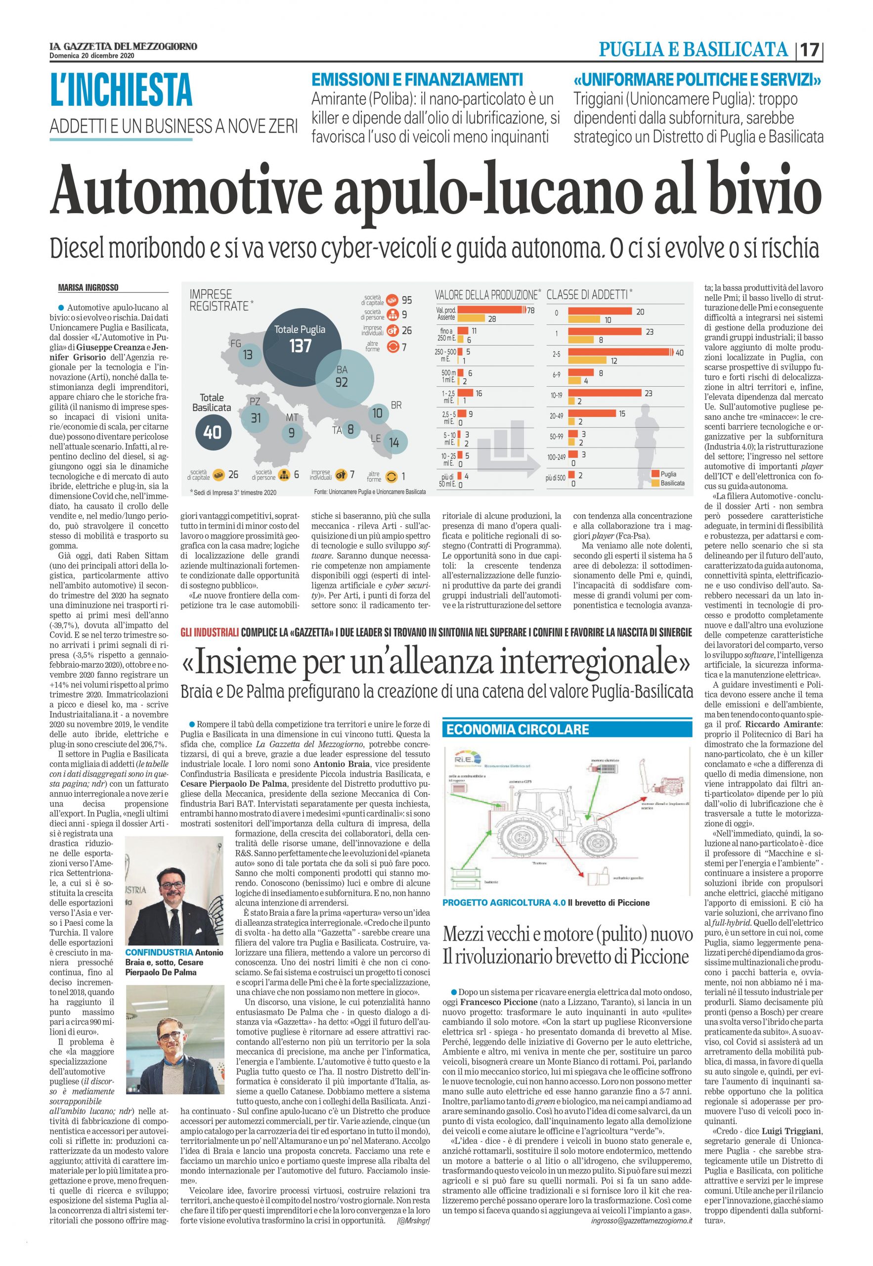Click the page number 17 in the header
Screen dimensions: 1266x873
809,51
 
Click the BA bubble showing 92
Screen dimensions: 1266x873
342,377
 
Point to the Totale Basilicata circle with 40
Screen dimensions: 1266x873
212,432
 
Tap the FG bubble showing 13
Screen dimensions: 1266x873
248,355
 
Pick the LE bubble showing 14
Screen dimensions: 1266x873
394,442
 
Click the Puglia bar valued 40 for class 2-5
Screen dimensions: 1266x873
618,353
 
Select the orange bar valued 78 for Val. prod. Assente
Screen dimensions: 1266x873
490,310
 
